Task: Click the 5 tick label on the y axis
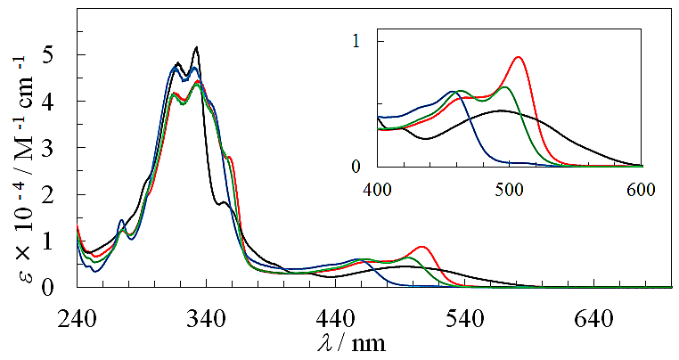[x=61, y=55]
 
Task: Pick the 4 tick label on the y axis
[x=61, y=102]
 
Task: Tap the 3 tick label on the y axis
[x=61, y=148]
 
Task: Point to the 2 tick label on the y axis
[x=61, y=194]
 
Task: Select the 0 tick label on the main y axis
[x=61, y=287]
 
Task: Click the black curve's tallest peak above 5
[x=196, y=47]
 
